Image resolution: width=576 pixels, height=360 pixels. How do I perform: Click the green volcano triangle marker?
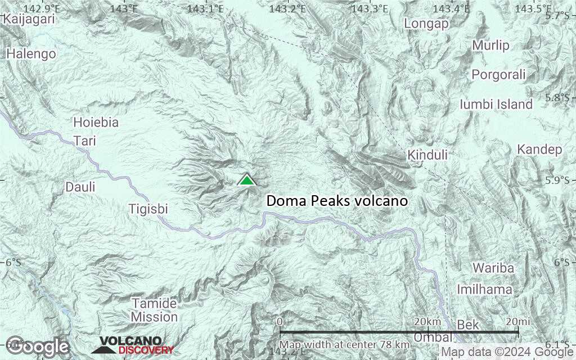tap(246, 180)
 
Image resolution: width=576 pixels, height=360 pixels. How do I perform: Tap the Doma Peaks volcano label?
tap(336, 201)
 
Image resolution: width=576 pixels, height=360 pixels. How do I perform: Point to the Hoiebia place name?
tap(96, 122)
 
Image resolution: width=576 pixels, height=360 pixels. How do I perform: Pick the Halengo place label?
tap(31, 54)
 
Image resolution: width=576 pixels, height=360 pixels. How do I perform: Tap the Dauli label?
tap(80, 187)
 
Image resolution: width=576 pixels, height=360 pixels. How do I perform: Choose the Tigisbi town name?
tap(148, 209)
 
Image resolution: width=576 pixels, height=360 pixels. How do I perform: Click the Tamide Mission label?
tap(154, 310)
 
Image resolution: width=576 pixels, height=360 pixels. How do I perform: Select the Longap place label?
tap(426, 24)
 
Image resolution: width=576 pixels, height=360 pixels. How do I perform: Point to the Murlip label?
tap(490, 46)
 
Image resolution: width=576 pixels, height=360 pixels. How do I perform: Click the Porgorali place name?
tap(498, 74)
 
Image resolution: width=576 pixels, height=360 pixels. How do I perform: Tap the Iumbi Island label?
tap(496, 104)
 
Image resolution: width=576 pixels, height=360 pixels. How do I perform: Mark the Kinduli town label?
tap(427, 155)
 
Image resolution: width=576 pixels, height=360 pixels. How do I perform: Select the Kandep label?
tap(539, 150)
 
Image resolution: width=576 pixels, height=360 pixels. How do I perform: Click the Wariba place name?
tap(493, 268)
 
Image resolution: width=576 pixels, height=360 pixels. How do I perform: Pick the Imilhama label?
tap(484, 290)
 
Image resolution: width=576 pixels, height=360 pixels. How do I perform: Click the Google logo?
tap(38, 346)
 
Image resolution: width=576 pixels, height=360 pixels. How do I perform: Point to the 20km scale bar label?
tap(427, 321)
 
